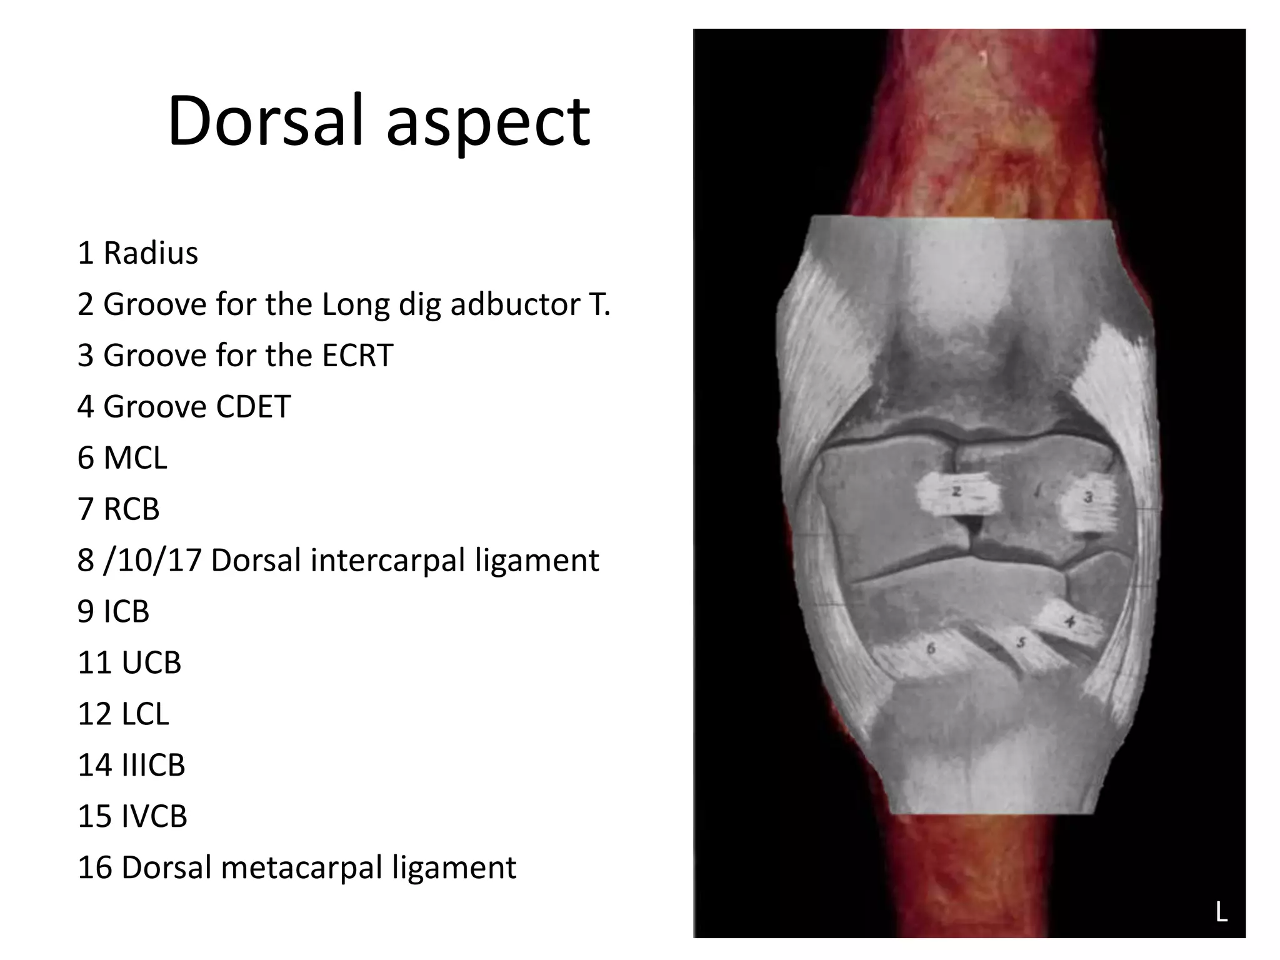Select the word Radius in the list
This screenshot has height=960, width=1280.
[151, 253]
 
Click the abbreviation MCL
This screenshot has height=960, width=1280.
[135, 458]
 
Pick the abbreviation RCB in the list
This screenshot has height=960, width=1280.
[131, 509]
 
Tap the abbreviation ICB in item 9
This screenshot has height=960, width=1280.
[126, 611]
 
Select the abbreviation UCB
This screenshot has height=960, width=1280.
[151, 662]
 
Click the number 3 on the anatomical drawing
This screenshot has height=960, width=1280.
[1088, 497]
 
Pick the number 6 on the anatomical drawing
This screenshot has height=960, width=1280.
[931, 649]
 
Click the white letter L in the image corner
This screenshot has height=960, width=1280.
[1221, 912]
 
